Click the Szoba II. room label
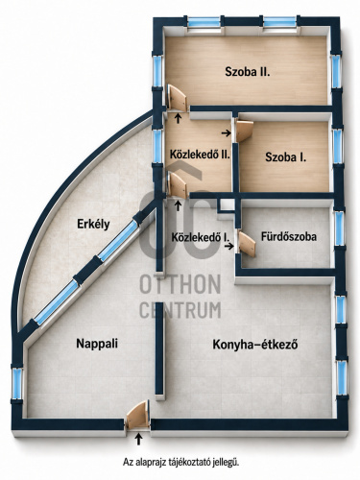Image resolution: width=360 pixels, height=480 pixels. coord(248,72)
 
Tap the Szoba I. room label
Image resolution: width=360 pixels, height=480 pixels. coord(285,157)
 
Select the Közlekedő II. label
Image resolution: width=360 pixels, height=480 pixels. coord(200,155)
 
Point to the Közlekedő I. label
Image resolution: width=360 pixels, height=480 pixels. coord(201,237)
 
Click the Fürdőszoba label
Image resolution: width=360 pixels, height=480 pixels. coord(289,236)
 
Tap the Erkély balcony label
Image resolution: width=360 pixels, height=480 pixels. coord(93,224)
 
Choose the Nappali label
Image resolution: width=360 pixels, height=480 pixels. coord(97,344)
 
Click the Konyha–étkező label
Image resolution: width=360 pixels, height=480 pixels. coord(255,345)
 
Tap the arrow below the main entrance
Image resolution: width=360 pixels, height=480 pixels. coord(138,439)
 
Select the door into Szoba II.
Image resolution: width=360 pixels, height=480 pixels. coord(177,98)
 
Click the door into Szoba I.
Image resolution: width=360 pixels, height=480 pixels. coord(244,131)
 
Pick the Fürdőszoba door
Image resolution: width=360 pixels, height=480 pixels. coord(247,244)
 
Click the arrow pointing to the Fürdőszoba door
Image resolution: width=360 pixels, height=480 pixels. coord(228,246)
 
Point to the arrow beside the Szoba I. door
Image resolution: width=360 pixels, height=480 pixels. coord(227,132)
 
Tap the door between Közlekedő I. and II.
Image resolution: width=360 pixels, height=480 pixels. coord(178,185)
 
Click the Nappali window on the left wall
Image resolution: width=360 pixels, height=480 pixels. coord(17,384)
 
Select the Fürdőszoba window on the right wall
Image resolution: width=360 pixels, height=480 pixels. coord(339,228)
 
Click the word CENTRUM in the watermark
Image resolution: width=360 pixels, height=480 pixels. coord(180,309)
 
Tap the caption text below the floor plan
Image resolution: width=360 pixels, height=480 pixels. coord(181,463)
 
